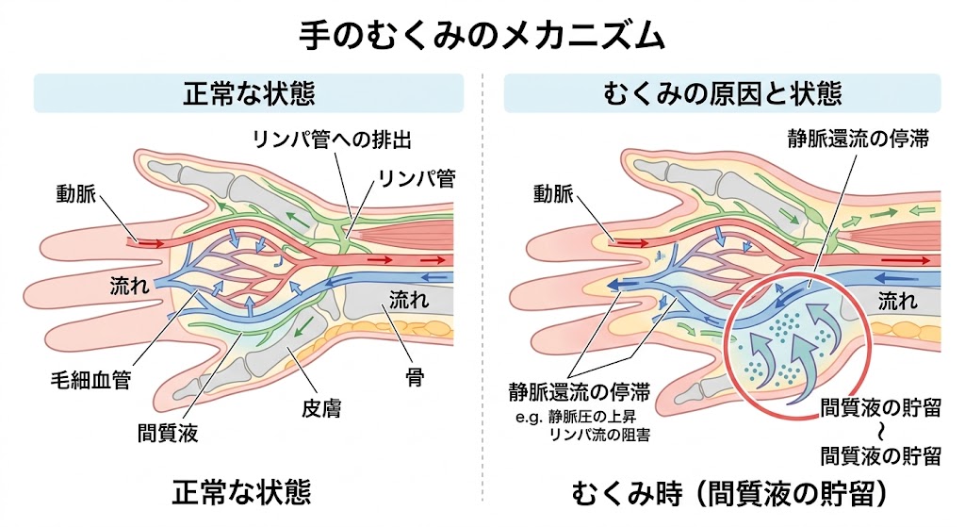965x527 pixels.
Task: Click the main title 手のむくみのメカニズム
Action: pos(482,35)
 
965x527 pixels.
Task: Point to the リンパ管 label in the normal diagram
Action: pos(417,176)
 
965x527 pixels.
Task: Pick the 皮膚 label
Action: pos(318,409)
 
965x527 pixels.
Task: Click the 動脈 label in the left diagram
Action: pos(77,196)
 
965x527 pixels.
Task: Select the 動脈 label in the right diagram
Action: pos(553,195)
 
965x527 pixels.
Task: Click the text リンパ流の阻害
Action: pos(604,435)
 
